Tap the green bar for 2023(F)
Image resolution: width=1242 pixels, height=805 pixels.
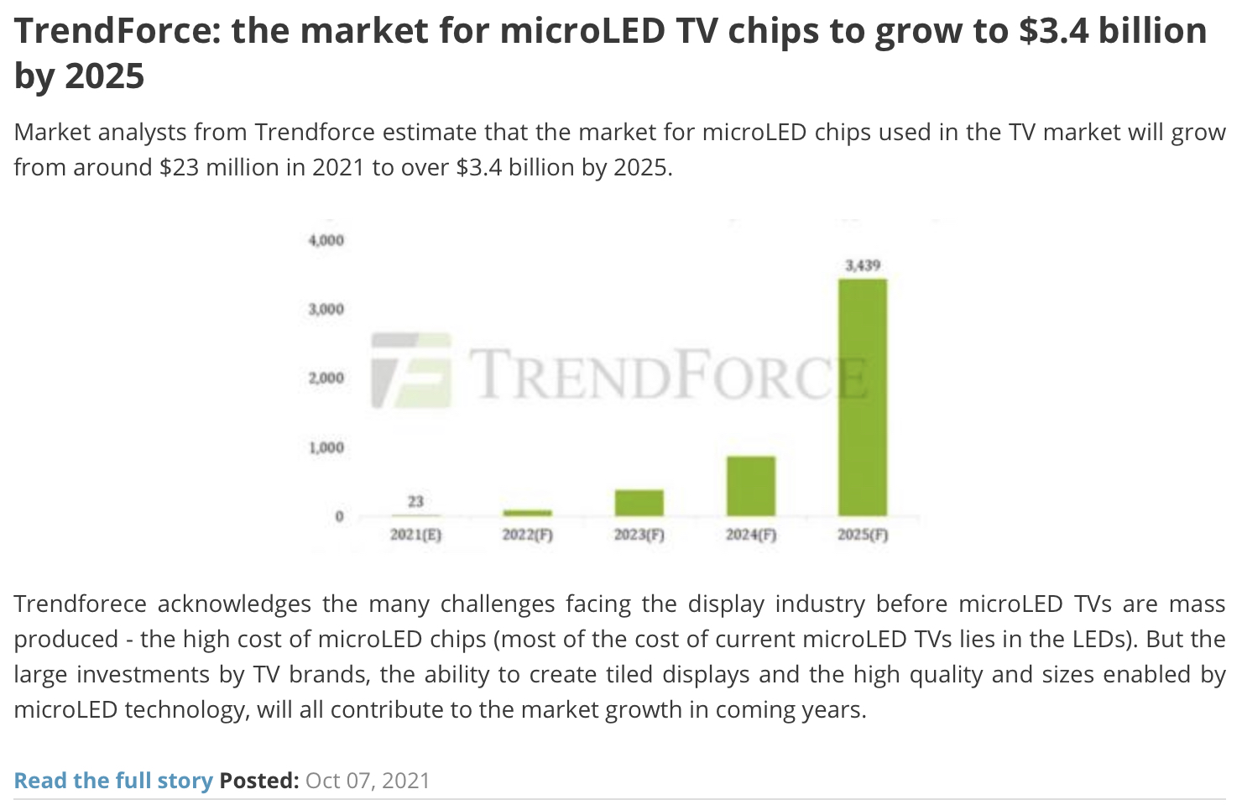[639, 502]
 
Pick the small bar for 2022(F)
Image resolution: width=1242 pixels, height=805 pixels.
[527, 512]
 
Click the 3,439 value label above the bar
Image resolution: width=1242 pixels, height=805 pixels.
[862, 265]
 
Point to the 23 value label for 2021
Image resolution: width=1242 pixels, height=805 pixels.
[415, 501]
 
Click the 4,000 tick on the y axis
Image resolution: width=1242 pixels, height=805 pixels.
[326, 240]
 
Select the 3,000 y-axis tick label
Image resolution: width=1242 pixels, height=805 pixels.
[326, 309]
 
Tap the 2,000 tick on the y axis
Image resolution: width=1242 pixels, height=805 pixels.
[326, 378]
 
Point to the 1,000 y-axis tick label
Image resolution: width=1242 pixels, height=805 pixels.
[326, 447]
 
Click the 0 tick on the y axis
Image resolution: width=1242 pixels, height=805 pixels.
[339, 516]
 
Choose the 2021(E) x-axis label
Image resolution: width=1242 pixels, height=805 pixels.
[415, 535]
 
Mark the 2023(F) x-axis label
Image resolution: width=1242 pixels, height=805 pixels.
[639, 535]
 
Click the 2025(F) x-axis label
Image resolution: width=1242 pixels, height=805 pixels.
[862, 535]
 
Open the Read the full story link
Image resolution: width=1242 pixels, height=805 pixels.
[113, 781]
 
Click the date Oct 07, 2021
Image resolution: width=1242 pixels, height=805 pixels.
[368, 781]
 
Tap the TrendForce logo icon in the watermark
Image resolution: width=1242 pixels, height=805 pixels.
[411, 371]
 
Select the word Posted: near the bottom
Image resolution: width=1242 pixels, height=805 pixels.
[259, 781]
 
